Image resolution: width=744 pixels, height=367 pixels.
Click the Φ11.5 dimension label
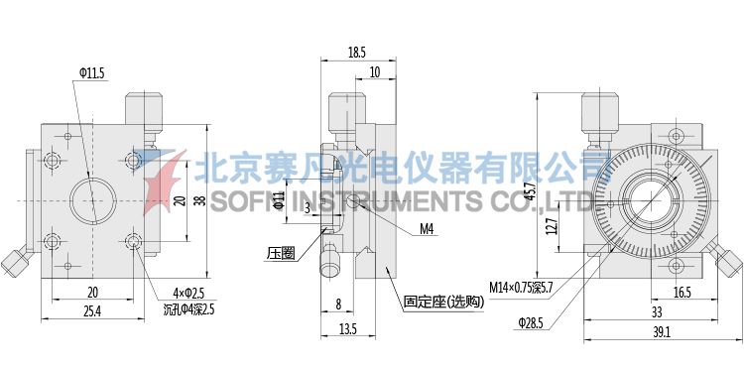point(90,72)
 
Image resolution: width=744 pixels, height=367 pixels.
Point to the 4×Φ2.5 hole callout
point(187,293)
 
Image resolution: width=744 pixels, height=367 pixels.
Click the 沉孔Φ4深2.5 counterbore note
point(188,308)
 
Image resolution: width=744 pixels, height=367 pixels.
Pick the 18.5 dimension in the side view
point(357,52)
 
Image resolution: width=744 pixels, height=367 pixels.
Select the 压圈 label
point(281,253)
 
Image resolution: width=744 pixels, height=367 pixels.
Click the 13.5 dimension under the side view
point(346,328)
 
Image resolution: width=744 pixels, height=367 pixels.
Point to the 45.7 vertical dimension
point(531,188)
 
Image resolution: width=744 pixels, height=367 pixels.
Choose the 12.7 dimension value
point(552,227)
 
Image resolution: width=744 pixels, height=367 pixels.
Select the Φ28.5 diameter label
point(533,322)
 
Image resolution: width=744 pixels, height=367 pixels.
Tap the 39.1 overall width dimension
point(660,332)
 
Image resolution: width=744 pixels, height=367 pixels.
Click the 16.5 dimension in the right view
point(682,293)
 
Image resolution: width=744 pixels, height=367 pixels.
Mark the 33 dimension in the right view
point(657,311)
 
